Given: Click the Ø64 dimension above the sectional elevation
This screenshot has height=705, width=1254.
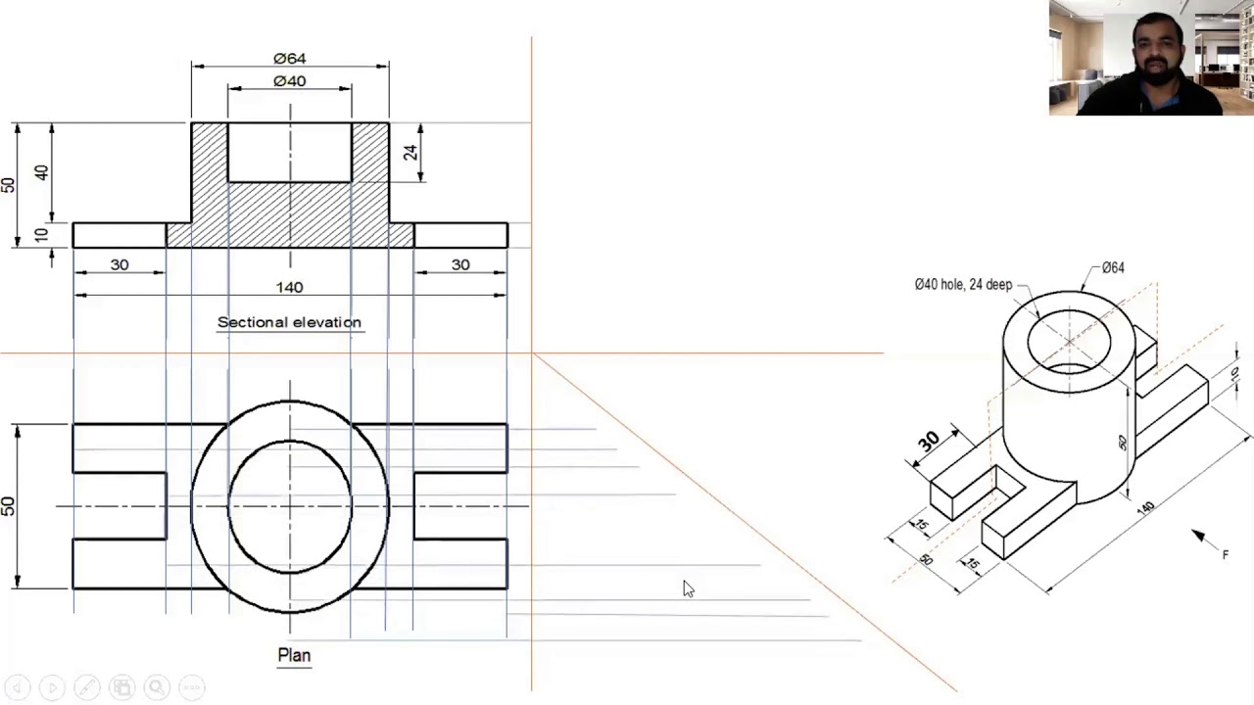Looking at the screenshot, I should (289, 59).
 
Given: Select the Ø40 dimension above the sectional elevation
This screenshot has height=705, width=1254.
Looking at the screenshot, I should (289, 81).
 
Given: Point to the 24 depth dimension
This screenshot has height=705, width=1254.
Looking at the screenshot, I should (410, 152).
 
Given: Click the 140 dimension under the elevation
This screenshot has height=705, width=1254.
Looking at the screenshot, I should (289, 287).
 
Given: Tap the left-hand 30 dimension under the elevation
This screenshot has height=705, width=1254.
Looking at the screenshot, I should (120, 264).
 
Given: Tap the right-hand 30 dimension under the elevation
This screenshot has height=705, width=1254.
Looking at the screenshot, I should (460, 264).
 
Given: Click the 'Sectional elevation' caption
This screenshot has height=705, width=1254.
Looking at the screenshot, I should (289, 322).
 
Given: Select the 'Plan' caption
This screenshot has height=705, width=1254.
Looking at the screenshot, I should (294, 655).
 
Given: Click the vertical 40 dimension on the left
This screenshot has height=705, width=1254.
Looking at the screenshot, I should (40, 172).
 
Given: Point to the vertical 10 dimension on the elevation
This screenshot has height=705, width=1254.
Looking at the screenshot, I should (40, 235).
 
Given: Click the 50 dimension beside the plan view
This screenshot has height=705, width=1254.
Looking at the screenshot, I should (8, 506).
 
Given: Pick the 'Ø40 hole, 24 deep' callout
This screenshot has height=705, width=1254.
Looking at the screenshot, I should (963, 285).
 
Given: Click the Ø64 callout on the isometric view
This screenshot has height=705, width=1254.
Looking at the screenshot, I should (1113, 267).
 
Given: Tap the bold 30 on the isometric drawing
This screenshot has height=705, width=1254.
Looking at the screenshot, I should (928, 441).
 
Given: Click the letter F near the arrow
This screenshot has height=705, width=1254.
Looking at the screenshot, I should (1225, 555).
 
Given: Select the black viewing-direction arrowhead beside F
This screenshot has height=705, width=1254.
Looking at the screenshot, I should (1199, 536).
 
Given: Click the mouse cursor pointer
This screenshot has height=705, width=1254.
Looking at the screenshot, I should (688, 587).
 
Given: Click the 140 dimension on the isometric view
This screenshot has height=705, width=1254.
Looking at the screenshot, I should (1145, 507).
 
